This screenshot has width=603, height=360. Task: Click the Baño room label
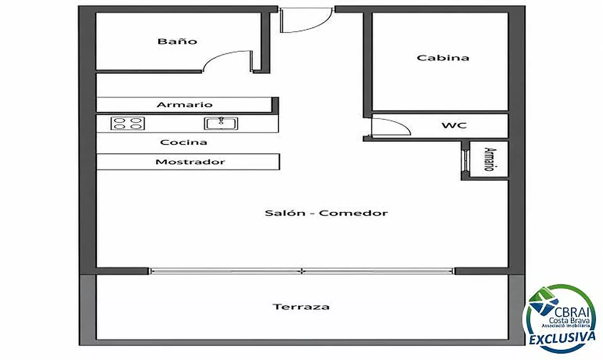click(x=177, y=41)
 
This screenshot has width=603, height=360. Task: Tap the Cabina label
click(x=443, y=58)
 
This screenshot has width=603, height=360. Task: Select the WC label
click(x=454, y=125)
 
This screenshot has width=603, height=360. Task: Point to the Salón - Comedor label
click(x=326, y=213)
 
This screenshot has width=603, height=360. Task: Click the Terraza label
click(x=301, y=307)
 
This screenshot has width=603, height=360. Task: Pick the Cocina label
click(x=184, y=142)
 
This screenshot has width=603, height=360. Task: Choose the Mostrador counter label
click(x=191, y=162)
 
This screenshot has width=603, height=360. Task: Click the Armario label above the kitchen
click(x=185, y=105)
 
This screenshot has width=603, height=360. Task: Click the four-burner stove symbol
click(x=128, y=123)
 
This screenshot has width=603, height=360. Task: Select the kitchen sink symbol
click(x=221, y=123)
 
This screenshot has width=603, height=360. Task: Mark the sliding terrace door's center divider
click(x=303, y=271)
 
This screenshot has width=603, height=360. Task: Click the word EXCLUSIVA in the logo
click(x=562, y=339)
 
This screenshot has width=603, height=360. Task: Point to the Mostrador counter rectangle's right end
click(x=279, y=162)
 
